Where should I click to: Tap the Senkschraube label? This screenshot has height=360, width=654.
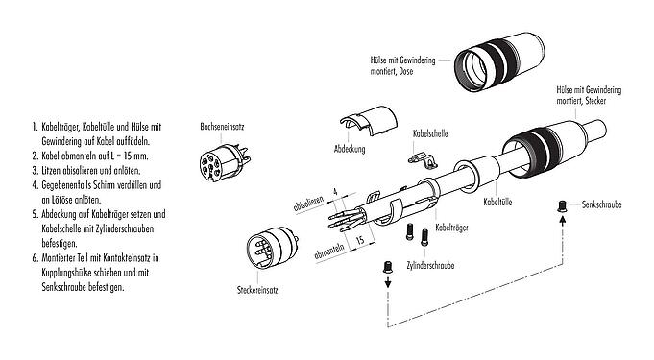click(x=605, y=205)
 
